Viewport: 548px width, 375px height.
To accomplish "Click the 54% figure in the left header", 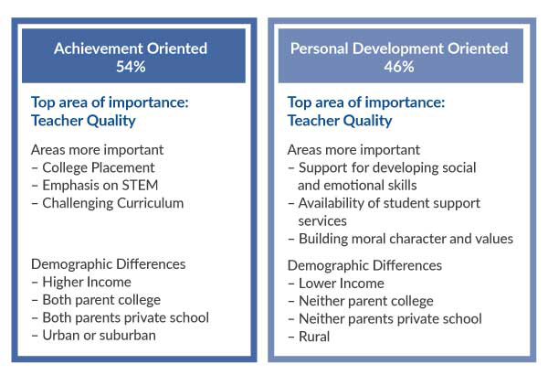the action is [x=131, y=67].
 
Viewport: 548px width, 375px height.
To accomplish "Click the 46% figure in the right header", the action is [x=399, y=67].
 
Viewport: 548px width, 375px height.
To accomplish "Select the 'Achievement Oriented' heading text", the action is [x=131, y=48].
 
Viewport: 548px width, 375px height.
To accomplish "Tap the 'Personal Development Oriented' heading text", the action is [x=399, y=48].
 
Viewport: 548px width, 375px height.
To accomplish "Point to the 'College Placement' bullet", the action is [x=99, y=167].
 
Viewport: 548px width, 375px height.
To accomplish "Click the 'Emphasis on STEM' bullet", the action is [x=100, y=186].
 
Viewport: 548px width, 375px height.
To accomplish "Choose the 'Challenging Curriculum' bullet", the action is [x=113, y=203].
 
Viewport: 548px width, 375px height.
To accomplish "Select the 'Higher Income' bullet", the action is [x=87, y=282].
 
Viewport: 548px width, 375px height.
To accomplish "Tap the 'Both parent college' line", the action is [x=101, y=300].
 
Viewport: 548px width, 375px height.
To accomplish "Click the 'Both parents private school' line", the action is [x=126, y=318].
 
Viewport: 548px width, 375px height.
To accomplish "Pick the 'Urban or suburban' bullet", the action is [x=99, y=336].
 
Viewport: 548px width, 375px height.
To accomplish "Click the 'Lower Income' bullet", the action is [x=342, y=284].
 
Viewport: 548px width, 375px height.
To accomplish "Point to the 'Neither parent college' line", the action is [x=366, y=301].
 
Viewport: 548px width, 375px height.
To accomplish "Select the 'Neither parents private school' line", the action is [x=390, y=319].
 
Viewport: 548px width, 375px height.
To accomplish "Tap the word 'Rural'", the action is [x=314, y=337].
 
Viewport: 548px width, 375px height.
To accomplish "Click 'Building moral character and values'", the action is [x=406, y=239].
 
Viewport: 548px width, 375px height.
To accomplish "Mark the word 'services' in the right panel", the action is [x=322, y=221].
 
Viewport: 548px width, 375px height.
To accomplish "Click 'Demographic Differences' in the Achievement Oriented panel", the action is [x=109, y=264].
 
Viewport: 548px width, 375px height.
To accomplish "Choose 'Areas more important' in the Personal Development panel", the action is [x=353, y=150].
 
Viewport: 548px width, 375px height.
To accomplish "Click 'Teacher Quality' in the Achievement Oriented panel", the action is [x=83, y=121].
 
